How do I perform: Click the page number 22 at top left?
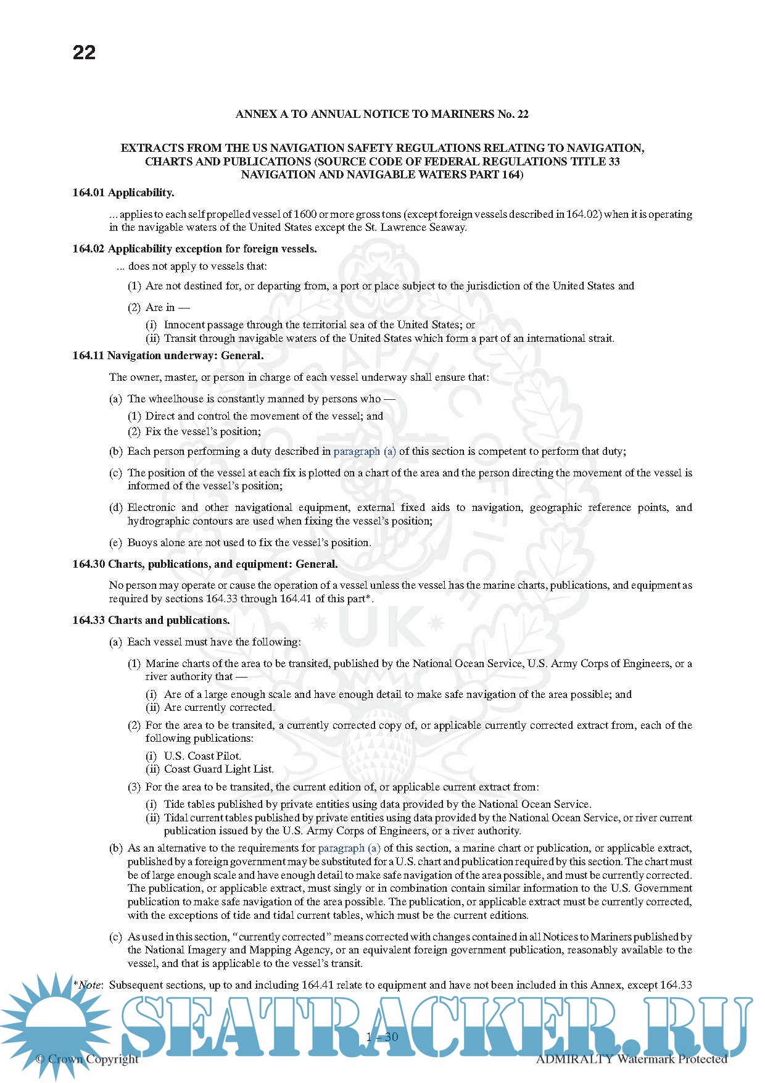(x=84, y=52)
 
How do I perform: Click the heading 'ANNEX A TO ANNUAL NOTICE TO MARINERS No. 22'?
(x=382, y=114)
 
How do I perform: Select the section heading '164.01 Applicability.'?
(x=123, y=193)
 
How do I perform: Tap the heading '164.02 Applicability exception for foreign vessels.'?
(x=194, y=249)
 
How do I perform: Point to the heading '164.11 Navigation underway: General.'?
(x=168, y=355)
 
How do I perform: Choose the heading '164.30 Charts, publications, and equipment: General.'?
(x=205, y=564)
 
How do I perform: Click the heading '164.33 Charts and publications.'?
(x=151, y=620)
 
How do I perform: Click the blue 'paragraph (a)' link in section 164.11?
(x=365, y=451)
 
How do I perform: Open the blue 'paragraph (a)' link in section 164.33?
(x=349, y=848)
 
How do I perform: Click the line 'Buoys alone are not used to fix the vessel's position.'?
(x=249, y=542)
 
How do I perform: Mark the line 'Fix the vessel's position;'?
(x=203, y=431)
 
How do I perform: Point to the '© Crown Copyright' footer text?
(x=87, y=1059)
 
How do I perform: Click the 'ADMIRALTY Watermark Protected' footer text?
(x=631, y=1059)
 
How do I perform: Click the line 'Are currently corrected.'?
(x=219, y=707)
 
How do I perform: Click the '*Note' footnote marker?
(x=88, y=985)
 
